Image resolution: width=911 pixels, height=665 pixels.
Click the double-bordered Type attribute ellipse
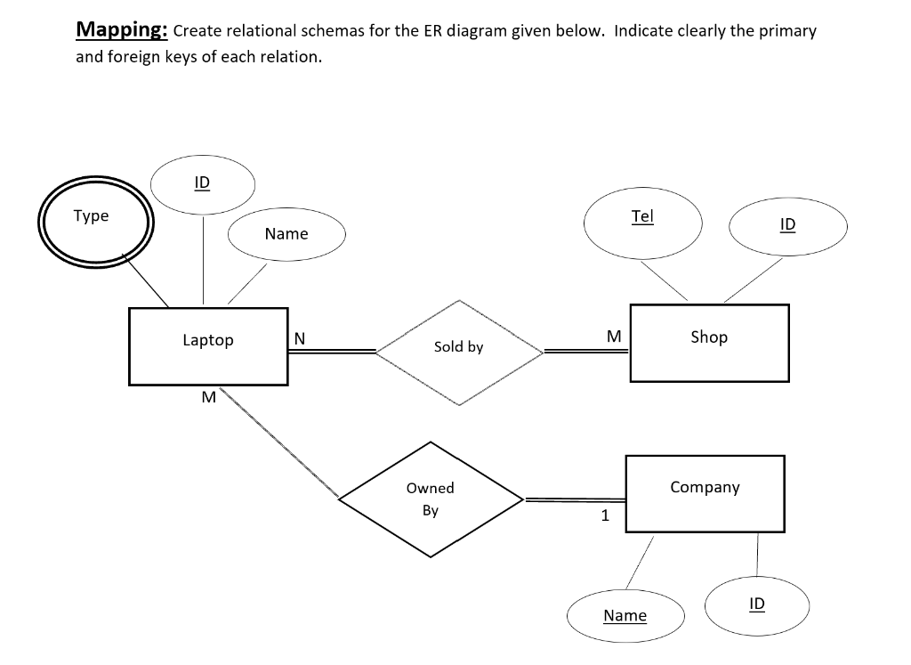coord(93,222)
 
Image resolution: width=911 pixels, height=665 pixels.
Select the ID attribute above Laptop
coord(203,184)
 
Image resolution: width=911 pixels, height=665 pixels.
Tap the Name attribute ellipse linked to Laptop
coord(286,235)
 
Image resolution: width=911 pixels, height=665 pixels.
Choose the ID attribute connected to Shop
coord(787,225)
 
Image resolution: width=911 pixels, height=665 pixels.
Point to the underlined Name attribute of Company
coord(625,616)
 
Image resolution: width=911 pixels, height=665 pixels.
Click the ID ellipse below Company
coord(756,604)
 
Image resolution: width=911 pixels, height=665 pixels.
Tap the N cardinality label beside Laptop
coord(299,338)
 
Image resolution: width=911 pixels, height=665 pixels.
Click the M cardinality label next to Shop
coord(613,337)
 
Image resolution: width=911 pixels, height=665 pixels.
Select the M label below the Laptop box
coord(208,397)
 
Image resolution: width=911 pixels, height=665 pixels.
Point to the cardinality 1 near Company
coord(605,515)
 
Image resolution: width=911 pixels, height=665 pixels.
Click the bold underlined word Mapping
coord(122,30)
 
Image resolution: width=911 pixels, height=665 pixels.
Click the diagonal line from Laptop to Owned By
coord(280,442)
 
